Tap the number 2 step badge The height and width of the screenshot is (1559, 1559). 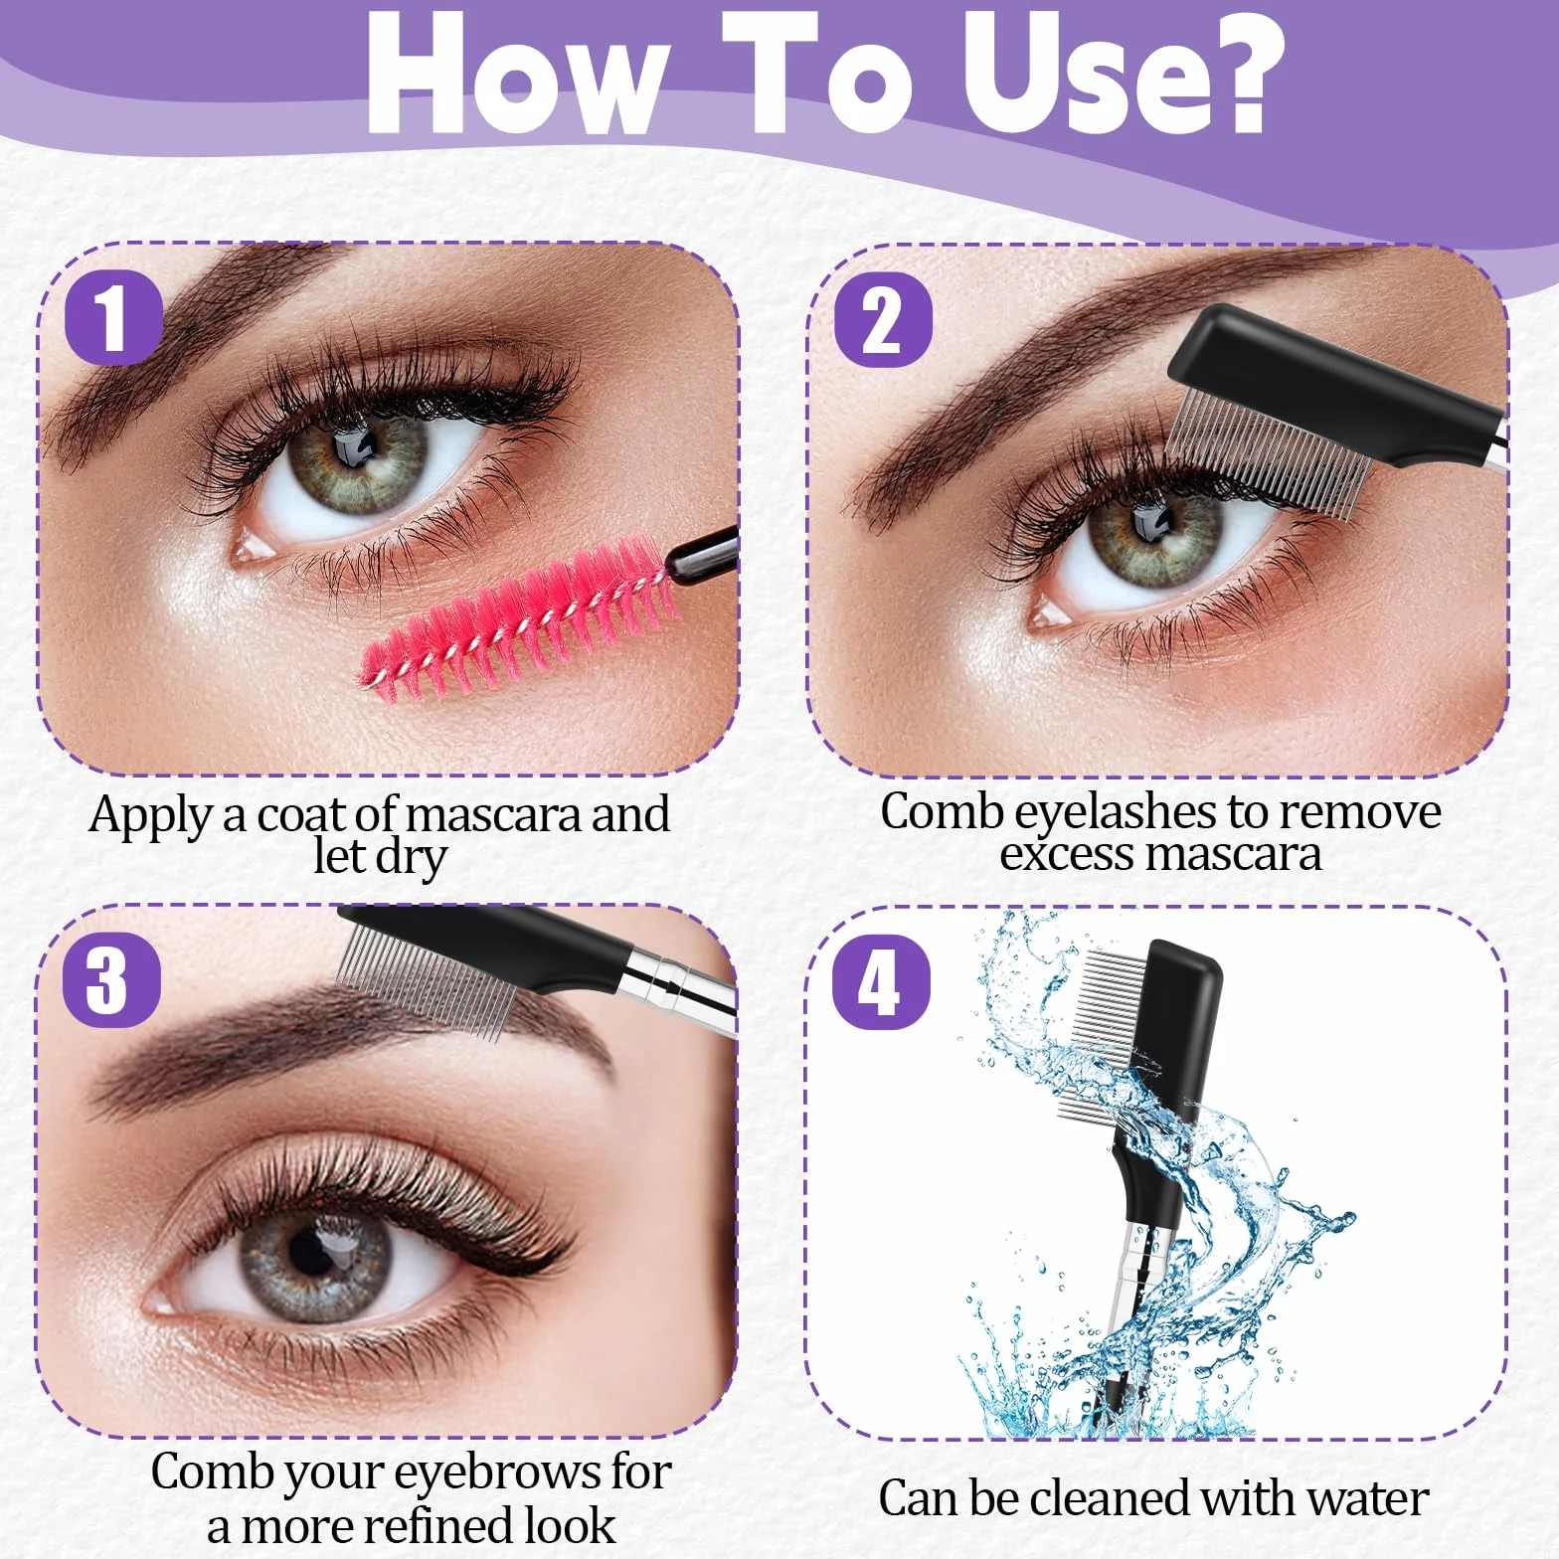click(x=882, y=319)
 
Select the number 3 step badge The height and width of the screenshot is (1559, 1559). click(x=111, y=979)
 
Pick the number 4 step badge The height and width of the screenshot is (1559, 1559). click(x=881, y=981)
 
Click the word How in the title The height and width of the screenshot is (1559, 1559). click(x=516, y=74)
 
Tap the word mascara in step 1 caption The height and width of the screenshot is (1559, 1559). click(x=493, y=815)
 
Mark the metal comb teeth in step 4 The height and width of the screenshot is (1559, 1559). click(x=1108, y=1034)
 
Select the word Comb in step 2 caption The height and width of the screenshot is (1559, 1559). click(x=940, y=812)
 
